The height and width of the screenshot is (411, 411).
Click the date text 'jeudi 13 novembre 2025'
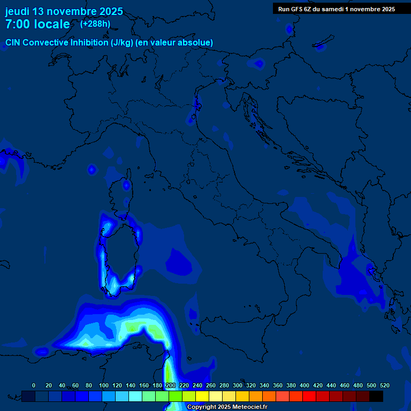click(64, 11)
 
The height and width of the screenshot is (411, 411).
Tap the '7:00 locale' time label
click(37, 24)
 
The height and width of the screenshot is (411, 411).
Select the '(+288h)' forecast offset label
click(95, 24)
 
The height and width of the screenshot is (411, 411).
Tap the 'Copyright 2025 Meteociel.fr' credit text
click(227, 407)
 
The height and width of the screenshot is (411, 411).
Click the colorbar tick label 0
click(34, 385)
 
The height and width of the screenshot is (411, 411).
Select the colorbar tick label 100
click(103, 385)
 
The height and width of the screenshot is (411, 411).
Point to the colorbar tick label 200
click(170, 385)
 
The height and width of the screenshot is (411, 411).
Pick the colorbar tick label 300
click(238, 385)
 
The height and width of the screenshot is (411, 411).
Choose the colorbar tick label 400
click(305, 385)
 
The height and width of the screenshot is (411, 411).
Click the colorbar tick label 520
click(384, 385)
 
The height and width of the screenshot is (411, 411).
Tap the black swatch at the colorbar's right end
click(376, 396)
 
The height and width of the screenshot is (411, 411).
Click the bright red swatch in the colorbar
click(309, 396)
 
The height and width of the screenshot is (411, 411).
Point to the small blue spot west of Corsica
click(92, 170)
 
